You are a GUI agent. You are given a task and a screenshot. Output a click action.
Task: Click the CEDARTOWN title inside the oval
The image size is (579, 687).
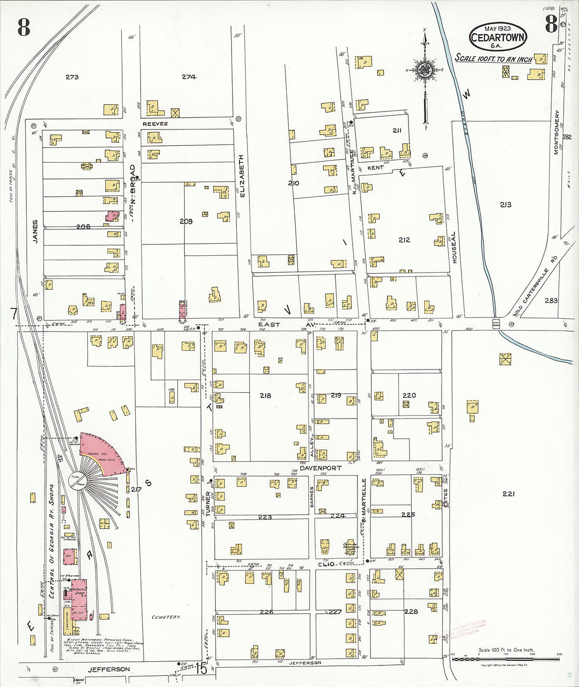(497, 37)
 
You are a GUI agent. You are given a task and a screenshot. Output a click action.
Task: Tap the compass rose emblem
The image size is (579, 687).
(424, 69)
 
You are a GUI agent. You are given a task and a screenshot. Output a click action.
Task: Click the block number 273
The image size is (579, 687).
(72, 77)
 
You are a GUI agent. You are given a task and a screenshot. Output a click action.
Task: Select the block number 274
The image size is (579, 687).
(189, 77)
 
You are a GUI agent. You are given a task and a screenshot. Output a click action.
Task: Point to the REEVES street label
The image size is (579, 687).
(155, 124)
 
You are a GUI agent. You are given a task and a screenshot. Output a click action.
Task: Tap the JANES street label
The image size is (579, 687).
(35, 232)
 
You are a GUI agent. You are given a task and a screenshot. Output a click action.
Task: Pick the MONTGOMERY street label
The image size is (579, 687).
(556, 132)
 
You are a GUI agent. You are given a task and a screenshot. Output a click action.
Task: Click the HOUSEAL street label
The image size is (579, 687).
(454, 247)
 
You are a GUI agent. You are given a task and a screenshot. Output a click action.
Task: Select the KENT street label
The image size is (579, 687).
(375, 167)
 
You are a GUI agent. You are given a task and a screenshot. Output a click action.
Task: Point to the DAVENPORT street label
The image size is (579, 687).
(321, 468)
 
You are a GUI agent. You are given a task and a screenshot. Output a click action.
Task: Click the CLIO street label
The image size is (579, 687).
(326, 563)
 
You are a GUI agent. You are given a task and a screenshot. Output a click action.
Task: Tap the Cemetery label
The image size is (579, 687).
(166, 617)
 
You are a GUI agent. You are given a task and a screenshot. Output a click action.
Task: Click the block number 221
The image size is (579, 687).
(508, 494)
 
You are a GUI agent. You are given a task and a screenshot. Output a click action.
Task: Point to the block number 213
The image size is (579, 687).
(505, 204)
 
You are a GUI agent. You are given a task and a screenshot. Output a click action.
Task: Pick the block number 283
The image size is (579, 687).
(551, 301)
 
